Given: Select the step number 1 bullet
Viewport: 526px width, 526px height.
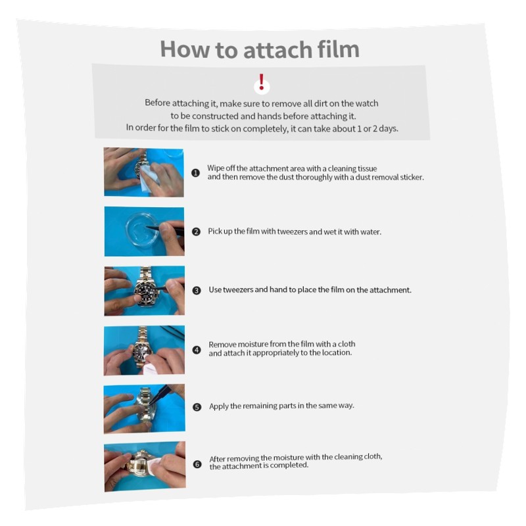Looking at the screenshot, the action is tap(195, 173).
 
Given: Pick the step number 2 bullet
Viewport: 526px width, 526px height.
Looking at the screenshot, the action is tap(196, 231).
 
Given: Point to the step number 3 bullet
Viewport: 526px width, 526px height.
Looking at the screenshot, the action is tap(197, 290).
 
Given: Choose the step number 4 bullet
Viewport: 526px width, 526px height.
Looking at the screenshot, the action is tap(197, 350).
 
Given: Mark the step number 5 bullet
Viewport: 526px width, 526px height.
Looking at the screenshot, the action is tap(197, 407).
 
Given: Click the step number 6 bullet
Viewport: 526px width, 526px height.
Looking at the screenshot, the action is tap(197, 464).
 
